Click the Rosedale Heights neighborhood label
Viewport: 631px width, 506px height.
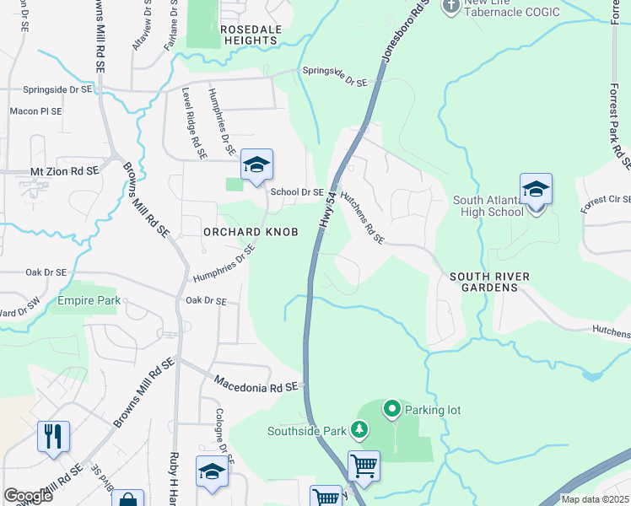coord(251,35)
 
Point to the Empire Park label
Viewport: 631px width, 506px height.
coord(89,300)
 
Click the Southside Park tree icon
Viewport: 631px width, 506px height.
coord(360,430)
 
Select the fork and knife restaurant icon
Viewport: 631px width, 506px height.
coord(53,437)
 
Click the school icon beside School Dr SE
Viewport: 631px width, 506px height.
coord(256,164)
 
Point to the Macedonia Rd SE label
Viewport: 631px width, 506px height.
coord(257,385)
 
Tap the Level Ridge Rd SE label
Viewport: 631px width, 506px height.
coord(195,122)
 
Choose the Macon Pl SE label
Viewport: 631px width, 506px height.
coord(35,111)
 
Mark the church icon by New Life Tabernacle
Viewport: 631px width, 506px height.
coord(451,5)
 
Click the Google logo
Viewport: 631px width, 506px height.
coord(28,496)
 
